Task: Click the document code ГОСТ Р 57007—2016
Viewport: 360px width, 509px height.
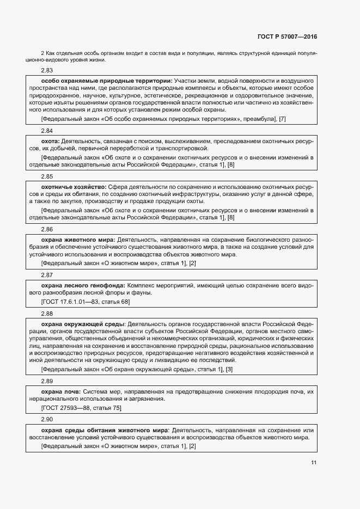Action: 287,37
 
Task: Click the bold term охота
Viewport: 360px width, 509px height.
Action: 50,141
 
